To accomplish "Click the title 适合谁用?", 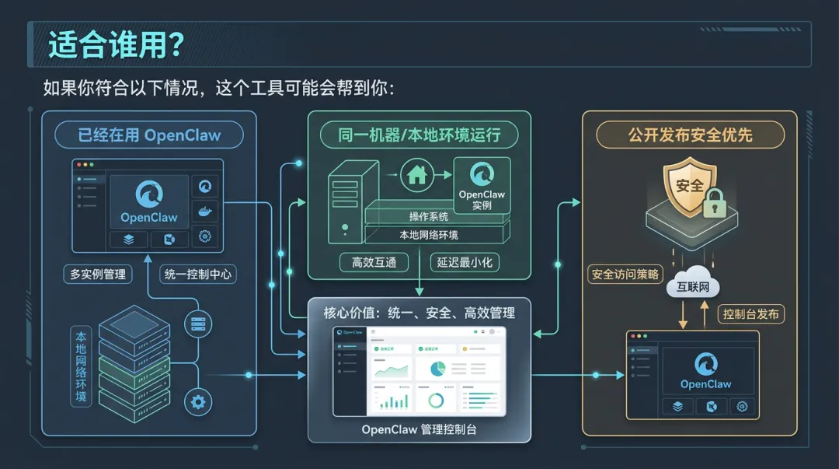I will click(x=116, y=44).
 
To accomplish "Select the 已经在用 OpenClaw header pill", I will click(x=149, y=135).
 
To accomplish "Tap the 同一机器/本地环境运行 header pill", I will click(x=419, y=135).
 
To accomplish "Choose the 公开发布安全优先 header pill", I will click(x=690, y=135).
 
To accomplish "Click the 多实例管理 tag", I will click(x=97, y=274).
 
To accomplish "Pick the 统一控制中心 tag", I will click(x=197, y=274).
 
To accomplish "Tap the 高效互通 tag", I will click(x=374, y=262).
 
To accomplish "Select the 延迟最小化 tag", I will click(x=465, y=262).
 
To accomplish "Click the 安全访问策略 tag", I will click(x=625, y=274).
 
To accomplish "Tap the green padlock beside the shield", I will click(x=714, y=203).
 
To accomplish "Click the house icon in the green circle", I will click(x=417, y=174).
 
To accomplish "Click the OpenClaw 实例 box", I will click(x=482, y=185).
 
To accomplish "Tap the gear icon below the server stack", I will click(x=197, y=401).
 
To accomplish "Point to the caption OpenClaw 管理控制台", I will click(x=419, y=429).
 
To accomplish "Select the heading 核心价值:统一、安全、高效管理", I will click(x=419, y=313).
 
